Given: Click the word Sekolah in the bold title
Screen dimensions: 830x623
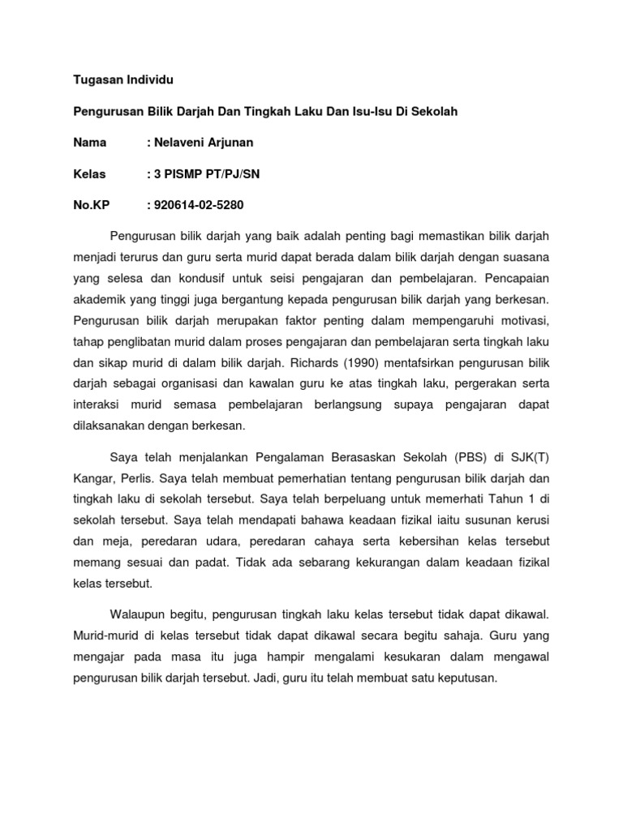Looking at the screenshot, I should [435, 112].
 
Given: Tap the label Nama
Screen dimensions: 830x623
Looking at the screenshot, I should [90, 143].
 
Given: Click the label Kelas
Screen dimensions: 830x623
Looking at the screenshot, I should [91, 173].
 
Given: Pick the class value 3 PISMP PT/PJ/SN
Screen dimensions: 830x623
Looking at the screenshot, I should [206, 173].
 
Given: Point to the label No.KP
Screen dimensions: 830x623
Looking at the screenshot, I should [91, 205].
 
